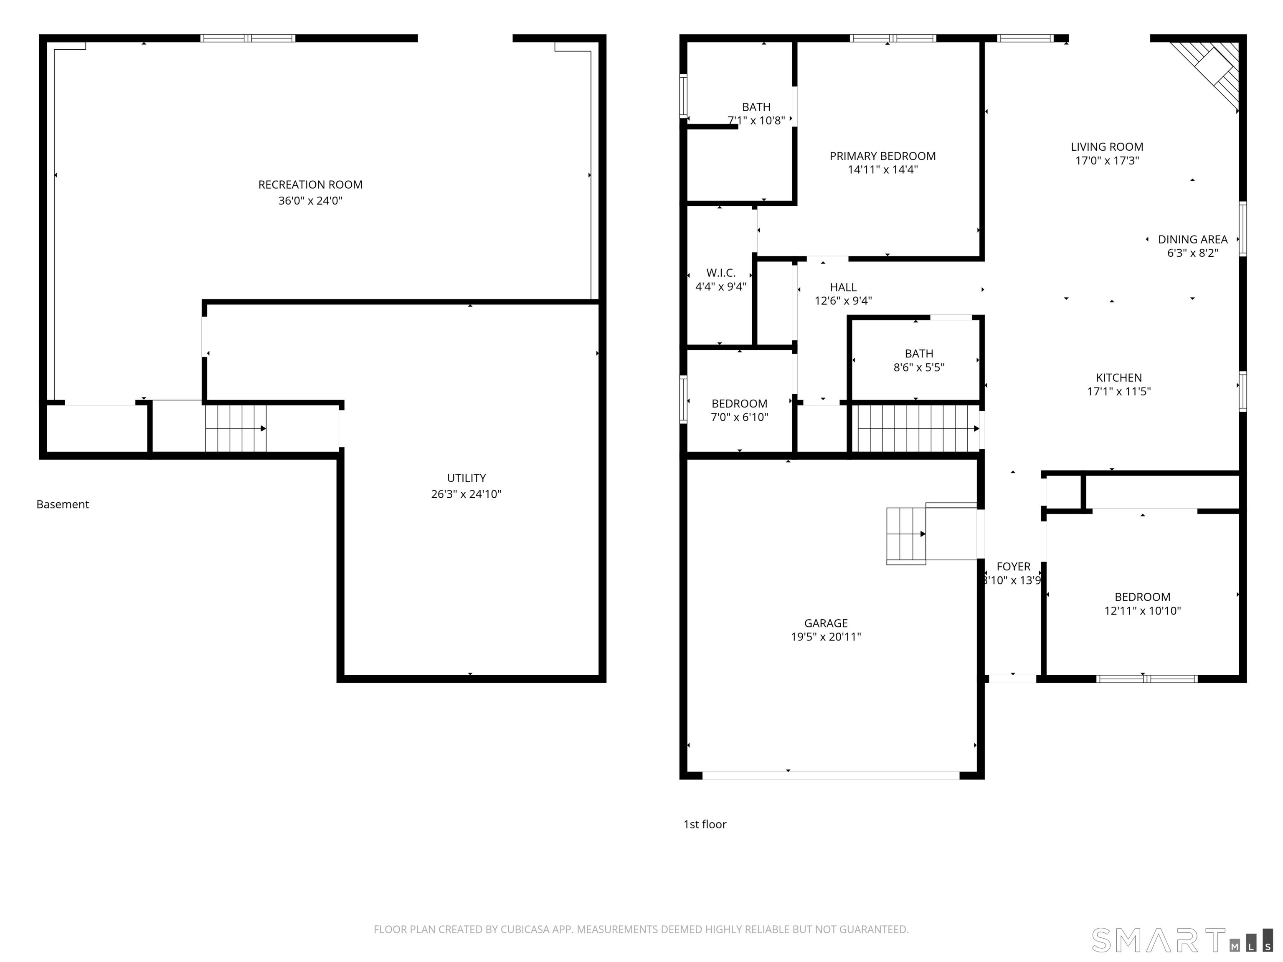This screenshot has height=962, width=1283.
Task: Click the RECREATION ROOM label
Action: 310,185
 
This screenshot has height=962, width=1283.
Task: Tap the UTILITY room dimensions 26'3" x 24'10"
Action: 467,494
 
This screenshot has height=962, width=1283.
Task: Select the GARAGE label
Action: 826,623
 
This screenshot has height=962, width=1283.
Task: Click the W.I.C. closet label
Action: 721,273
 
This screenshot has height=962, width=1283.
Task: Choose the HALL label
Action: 843,287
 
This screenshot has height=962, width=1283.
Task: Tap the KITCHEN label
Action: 1119,377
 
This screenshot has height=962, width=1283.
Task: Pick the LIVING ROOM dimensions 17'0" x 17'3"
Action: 1107,161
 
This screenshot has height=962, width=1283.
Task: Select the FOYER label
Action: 1013,567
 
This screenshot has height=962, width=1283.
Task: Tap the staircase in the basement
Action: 236,428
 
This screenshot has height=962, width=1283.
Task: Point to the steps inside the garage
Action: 906,535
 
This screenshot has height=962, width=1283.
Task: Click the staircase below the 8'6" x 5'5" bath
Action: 916,428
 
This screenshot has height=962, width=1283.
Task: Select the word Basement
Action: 63,504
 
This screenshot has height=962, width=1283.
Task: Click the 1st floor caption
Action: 705,825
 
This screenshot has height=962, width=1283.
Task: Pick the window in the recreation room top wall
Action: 248,38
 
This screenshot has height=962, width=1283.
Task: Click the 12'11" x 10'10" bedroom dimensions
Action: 1143,610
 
